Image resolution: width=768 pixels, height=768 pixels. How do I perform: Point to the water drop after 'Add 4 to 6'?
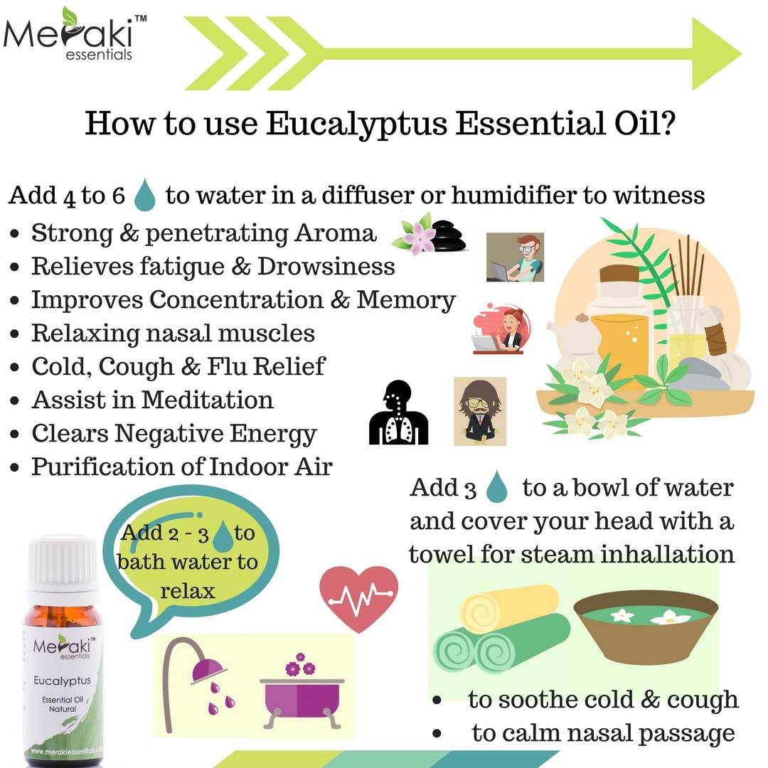pyautogui.click(x=145, y=195)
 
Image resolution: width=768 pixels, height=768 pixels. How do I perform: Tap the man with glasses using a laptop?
pyautogui.click(x=516, y=257)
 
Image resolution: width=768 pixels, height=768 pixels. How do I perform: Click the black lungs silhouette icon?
pyautogui.click(x=398, y=412)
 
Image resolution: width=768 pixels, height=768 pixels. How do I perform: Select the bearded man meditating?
pyautogui.click(x=480, y=412)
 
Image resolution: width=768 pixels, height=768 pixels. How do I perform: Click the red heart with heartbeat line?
pyautogui.click(x=358, y=598)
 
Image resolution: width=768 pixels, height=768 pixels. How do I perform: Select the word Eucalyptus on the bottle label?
pyautogui.click(x=62, y=681)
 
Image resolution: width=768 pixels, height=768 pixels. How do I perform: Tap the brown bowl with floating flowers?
pyautogui.click(x=646, y=630)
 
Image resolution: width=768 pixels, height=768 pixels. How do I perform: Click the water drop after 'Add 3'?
pyautogui.click(x=496, y=487)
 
